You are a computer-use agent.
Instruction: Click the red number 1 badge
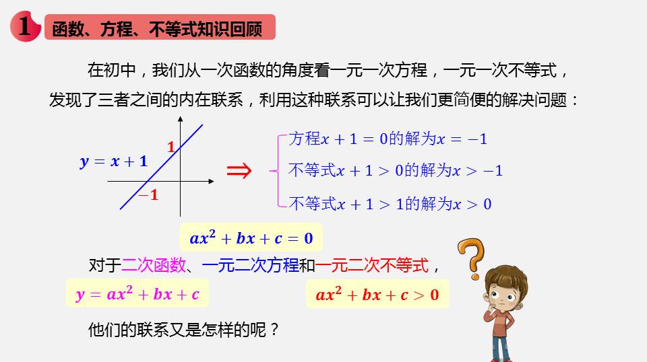click(x=25, y=26)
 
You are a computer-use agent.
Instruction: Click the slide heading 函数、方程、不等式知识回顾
click(x=157, y=29)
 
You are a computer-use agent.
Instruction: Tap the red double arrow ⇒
click(x=239, y=170)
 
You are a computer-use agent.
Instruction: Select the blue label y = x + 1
click(x=113, y=161)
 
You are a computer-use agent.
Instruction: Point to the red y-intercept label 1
click(x=171, y=147)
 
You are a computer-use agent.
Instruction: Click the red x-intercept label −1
click(x=148, y=195)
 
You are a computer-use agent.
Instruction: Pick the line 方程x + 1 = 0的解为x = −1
click(x=388, y=139)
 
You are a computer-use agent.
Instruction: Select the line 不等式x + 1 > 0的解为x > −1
click(x=396, y=170)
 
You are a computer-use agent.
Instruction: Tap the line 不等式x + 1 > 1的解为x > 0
click(x=390, y=204)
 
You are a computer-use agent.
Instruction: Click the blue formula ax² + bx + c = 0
click(x=251, y=238)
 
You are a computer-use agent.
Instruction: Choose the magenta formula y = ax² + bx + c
click(x=137, y=294)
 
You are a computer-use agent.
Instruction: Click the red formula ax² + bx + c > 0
click(x=377, y=295)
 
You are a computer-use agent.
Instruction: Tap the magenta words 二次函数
click(x=154, y=265)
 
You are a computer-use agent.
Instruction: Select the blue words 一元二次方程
click(x=251, y=265)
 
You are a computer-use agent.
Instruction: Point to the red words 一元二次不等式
click(x=372, y=265)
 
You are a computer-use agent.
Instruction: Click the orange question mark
click(x=472, y=258)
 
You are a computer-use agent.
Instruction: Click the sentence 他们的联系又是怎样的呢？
click(x=184, y=330)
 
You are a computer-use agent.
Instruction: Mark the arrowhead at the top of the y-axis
click(x=181, y=118)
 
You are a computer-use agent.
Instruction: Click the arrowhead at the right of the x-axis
click(x=211, y=181)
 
